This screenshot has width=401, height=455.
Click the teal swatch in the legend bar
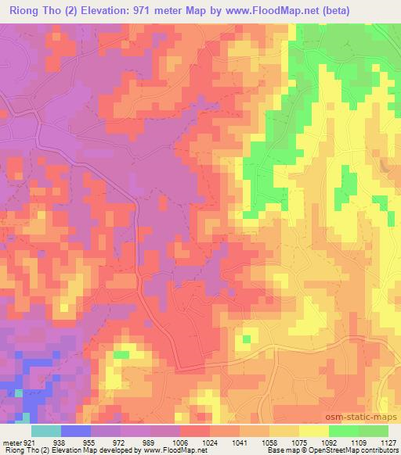46,430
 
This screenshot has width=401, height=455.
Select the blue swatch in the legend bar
76,430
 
